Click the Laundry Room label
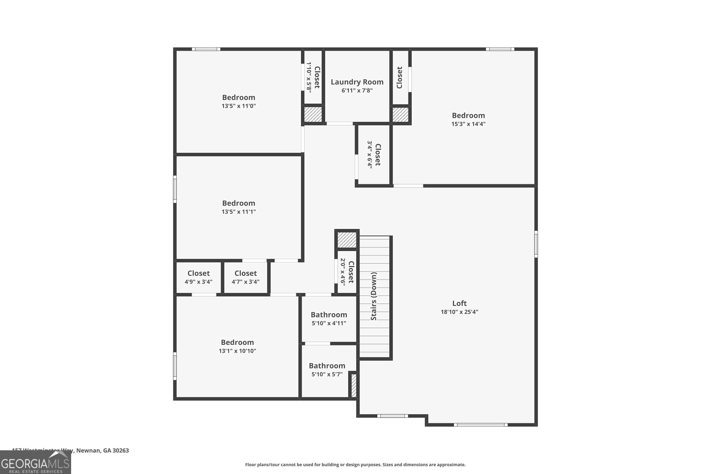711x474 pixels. click(x=357, y=82)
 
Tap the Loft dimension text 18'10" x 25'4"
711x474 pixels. click(x=459, y=312)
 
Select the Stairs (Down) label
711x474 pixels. click(x=374, y=296)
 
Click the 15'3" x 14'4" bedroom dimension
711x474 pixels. click(x=468, y=124)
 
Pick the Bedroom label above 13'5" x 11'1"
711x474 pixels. click(x=238, y=203)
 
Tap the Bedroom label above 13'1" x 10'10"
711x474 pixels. click(x=237, y=342)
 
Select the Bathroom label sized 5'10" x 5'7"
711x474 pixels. click(x=327, y=366)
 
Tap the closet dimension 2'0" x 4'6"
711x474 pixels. click(x=342, y=271)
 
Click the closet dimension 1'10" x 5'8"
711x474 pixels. click(x=309, y=77)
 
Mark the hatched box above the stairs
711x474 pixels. click(x=347, y=240)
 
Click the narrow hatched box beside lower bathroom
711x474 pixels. click(x=354, y=385)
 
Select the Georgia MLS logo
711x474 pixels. click(x=35, y=463)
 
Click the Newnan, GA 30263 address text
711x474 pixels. click(x=102, y=451)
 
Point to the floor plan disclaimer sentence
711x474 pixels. click(x=355, y=465)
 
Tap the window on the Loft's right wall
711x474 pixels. click(x=536, y=244)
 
